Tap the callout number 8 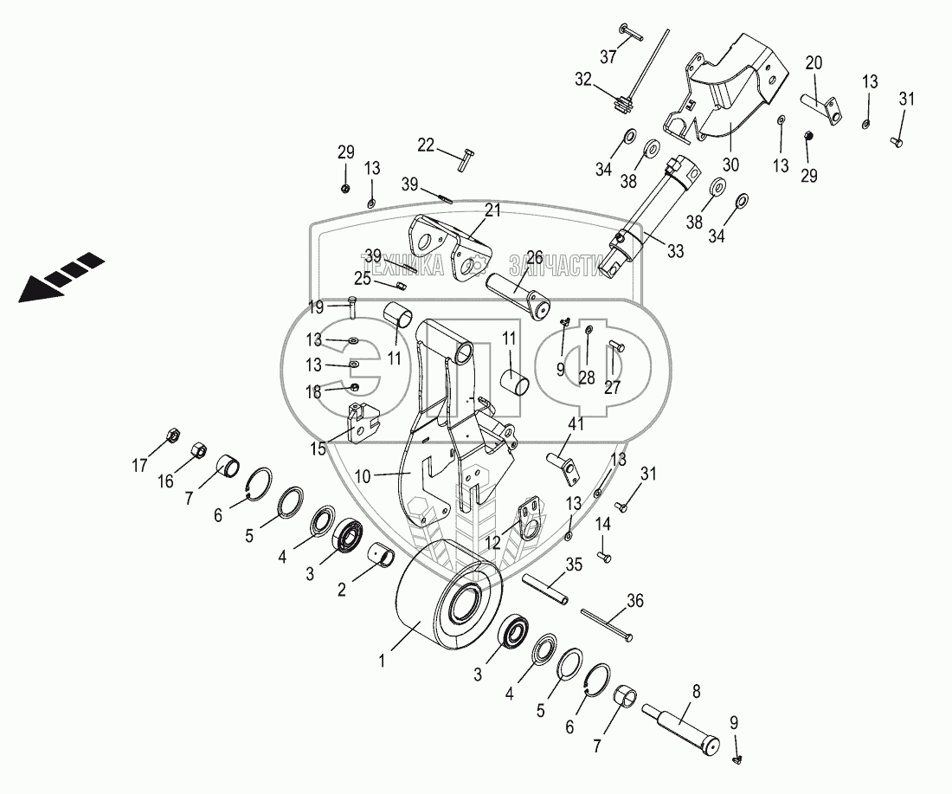[x=697, y=691]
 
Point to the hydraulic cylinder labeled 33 [x=651, y=210]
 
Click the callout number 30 [x=730, y=165]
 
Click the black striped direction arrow [x=61, y=277]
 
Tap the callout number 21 [x=492, y=210]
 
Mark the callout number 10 [x=363, y=476]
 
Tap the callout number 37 [x=608, y=56]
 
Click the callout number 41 [x=576, y=424]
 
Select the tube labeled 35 [x=546, y=588]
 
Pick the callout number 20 [x=814, y=62]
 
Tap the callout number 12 [x=493, y=542]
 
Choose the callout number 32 [x=582, y=80]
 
